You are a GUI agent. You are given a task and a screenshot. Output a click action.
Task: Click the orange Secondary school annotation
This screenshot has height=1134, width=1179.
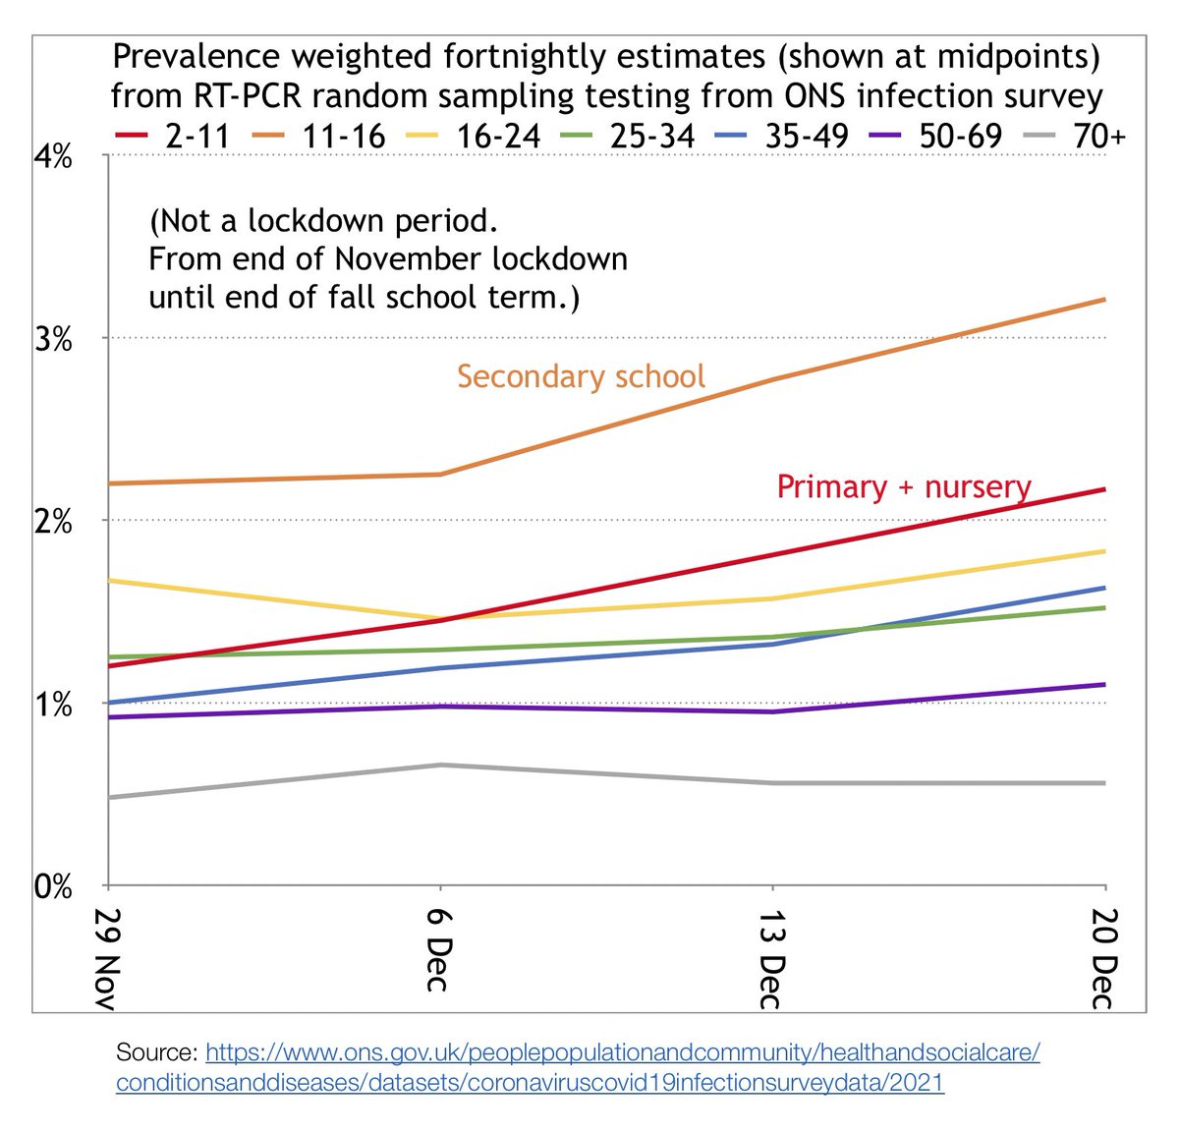[x=581, y=376]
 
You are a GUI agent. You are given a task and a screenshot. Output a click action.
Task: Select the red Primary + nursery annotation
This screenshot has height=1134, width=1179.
[x=903, y=486]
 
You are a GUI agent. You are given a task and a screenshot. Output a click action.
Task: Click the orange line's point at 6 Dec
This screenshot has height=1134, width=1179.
[x=439, y=475]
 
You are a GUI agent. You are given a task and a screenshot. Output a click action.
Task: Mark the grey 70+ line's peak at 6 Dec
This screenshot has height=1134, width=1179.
[x=439, y=765]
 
